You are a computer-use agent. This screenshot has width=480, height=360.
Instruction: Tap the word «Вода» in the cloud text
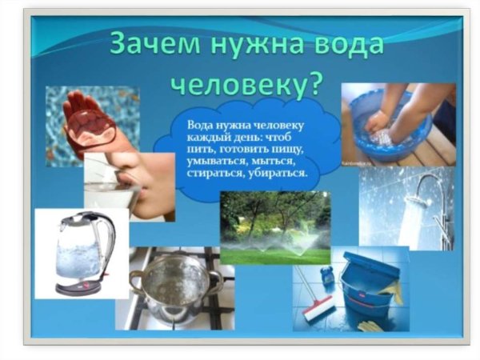click(x=200, y=126)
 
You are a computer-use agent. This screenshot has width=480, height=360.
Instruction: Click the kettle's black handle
click(x=108, y=248)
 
